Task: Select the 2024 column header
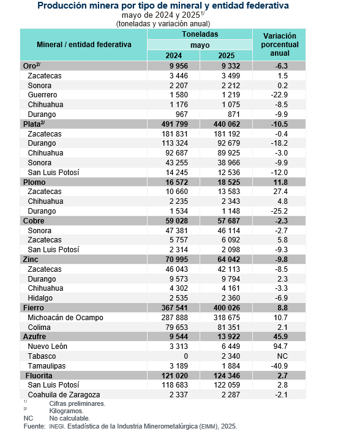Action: [174, 56]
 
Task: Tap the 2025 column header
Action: [226, 56]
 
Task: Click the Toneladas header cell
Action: [200, 34]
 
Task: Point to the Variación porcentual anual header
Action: [279, 45]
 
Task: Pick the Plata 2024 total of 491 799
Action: [174, 124]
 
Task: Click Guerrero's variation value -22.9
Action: [279, 95]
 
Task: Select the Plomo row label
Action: [34, 182]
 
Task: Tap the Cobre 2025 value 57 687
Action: [228, 221]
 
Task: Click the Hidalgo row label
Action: [40, 298]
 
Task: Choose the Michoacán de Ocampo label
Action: [66, 317]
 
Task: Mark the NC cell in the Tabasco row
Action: [282, 356]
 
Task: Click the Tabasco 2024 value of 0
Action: [186, 356]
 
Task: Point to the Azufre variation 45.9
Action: [280, 337]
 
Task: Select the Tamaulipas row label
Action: [47, 366]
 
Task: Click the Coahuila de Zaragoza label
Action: [64, 395]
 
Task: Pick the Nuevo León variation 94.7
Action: [280, 346]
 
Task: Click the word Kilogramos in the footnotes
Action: [66, 411]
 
